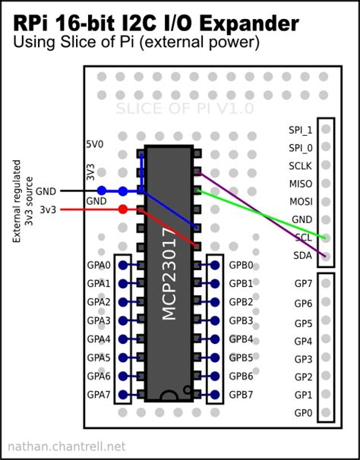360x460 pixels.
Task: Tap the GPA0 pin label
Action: click(x=99, y=266)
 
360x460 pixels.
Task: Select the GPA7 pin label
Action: click(x=99, y=395)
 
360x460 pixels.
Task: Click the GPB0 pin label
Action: click(x=241, y=266)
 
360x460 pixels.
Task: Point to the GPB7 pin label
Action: click(x=241, y=395)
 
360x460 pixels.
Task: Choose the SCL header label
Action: click(x=302, y=238)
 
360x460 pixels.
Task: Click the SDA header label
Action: click(x=302, y=257)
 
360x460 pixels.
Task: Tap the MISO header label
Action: click(x=300, y=184)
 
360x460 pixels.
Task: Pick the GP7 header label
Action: click(x=303, y=284)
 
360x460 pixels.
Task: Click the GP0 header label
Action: click(x=303, y=413)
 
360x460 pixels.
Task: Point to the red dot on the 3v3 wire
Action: click(x=123, y=209)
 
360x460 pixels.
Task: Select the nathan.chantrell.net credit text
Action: click(x=65, y=447)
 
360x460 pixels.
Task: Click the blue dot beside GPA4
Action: click(x=122, y=339)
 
